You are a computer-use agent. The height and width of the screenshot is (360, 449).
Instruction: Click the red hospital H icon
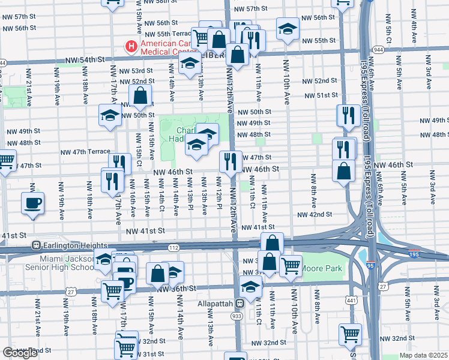[x=130, y=46]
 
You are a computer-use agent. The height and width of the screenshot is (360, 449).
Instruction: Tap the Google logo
[x=20, y=353]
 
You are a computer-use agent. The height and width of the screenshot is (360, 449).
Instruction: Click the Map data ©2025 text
[x=423, y=355]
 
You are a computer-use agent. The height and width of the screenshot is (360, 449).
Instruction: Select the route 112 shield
[x=173, y=248]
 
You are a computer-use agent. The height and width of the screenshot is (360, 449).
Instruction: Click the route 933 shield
[x=237, y=315]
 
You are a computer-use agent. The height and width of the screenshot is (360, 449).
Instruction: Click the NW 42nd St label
[x=314, y=214]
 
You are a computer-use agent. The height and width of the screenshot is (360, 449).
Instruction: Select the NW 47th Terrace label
[x=86, y=152]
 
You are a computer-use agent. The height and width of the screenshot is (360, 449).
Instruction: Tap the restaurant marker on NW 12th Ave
[x=230, y=160]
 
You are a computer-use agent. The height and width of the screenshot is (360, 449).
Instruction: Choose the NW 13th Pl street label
[x=190, y=197]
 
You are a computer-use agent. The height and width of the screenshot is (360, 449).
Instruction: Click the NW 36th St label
[x=173, y=289]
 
